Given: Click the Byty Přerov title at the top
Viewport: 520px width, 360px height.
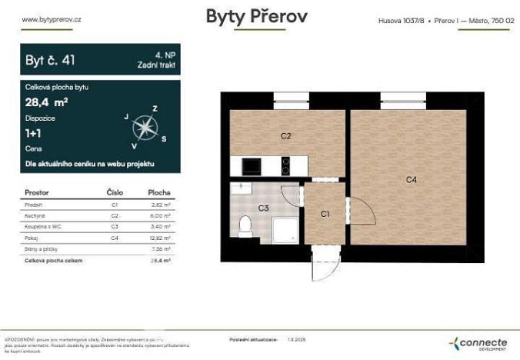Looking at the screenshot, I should coord(256,17).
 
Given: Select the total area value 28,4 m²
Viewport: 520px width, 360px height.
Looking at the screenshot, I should coord(47,100).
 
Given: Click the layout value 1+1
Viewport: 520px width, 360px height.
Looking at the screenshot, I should coord(33,133).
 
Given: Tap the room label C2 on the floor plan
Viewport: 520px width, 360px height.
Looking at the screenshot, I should coord(285,136).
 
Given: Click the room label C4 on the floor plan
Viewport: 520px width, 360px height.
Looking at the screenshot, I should coord(412,179).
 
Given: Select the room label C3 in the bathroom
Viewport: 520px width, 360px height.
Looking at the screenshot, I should coord(263,208).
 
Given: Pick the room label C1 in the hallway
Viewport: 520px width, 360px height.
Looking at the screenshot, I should coord(325,214).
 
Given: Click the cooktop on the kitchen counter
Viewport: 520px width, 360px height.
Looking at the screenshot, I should coord(285,165).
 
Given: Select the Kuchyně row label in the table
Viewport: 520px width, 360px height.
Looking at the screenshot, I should coord(36,216).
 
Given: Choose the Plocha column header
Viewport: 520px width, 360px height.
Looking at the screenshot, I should coord(159,192).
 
